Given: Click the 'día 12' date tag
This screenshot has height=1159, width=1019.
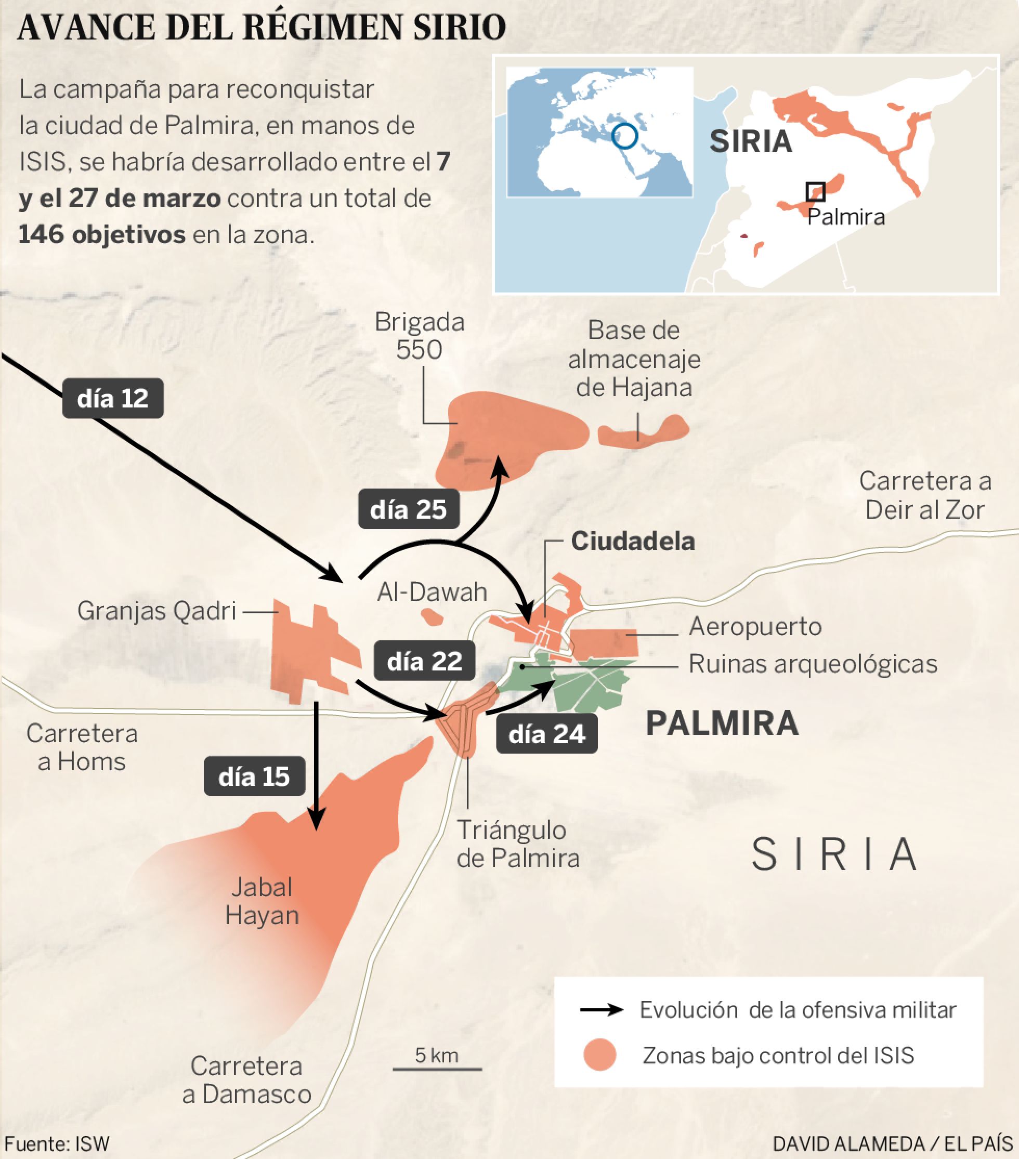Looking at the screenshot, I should click(113, 399).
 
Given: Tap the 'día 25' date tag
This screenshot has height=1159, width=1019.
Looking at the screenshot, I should click(408, 509).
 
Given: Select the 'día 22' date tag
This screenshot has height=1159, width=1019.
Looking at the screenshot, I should click(424, 662).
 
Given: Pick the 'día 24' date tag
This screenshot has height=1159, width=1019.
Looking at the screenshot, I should click(546, 734).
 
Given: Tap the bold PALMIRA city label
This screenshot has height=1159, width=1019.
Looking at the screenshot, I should click(722, 723).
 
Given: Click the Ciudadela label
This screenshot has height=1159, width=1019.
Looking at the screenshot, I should click(633, 541).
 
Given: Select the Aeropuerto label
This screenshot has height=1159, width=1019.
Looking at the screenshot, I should click(755, 627).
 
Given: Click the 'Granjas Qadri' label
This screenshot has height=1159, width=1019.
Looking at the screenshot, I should click(156, 611).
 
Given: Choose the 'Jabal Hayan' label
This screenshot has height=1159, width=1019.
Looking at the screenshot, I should click(262, 902).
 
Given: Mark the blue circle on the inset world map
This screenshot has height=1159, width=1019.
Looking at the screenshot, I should click(625, 136).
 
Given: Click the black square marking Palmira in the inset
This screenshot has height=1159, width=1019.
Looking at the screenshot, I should click(815, 191).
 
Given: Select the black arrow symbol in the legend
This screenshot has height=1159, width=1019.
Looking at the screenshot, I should click(601, 1010).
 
